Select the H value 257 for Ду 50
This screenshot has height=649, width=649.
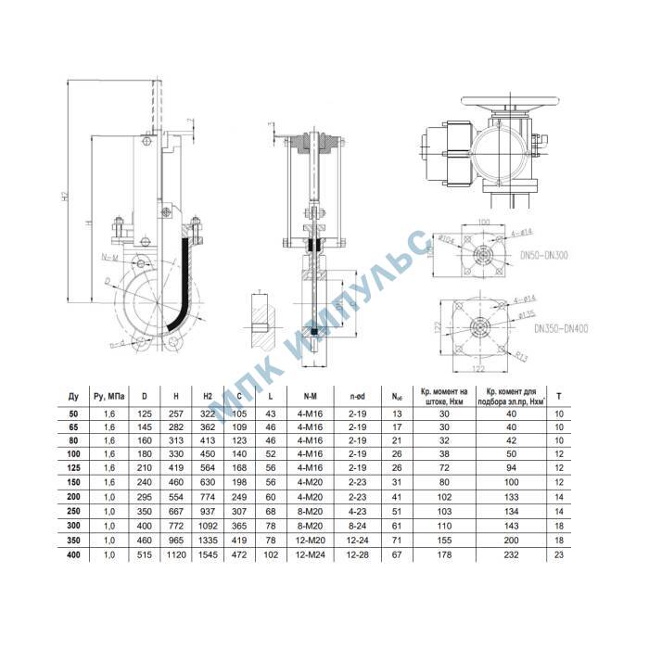pos(175,413)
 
